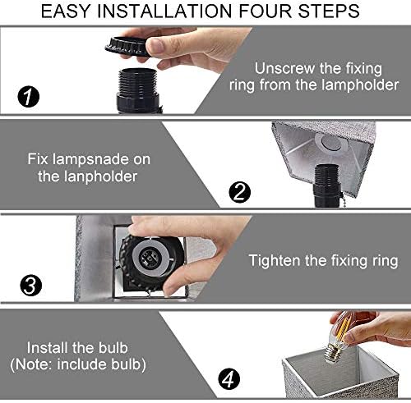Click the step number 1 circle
pos(29,96)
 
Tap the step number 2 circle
pos(240,192)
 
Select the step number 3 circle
pos(31,286)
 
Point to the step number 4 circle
pos(229,379)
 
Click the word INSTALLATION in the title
pos(164,11)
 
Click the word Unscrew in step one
pos(284,68)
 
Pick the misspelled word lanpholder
pos(100,176)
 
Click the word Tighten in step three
pos(275,260)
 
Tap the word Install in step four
pos(47,348)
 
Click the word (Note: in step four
pos(31,364)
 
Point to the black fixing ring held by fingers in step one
pos(128,47)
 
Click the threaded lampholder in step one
pos(138,90)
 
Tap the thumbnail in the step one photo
pos(155,44)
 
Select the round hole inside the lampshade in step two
pos(331,143)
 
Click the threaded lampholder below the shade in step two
pos(326,185)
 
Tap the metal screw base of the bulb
pos(333,355)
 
